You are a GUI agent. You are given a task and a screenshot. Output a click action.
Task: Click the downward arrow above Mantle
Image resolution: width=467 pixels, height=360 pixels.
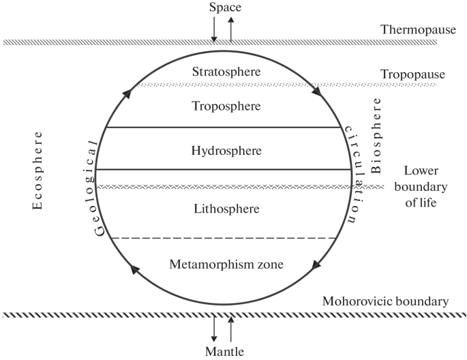(215, 329)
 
